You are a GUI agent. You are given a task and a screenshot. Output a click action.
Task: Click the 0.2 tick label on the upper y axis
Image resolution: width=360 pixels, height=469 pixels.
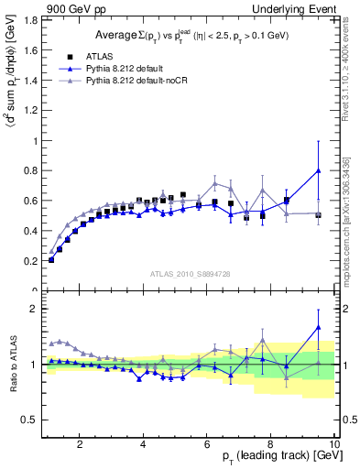point(29,261)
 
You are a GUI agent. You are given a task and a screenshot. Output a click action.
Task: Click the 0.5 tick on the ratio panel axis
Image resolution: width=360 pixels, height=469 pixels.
point(29,420)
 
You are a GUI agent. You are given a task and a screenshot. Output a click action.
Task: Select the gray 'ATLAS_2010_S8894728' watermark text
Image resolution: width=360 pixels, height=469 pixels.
point(189,273)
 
